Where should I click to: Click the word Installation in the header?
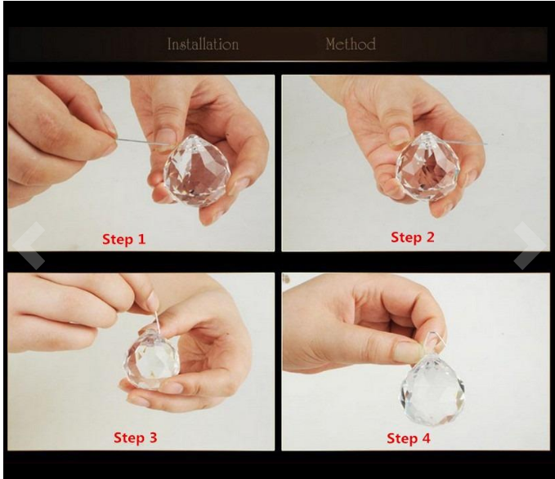(x=203, y=44)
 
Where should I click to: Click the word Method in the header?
(x=351, y=44)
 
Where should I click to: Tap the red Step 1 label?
(x=124, y=239)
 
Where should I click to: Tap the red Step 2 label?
(x=412, y=237)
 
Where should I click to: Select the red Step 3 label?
(x=135, y=437)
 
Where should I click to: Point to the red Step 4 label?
(x=409, y=438)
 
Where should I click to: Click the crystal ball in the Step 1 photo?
(x=197, y=170)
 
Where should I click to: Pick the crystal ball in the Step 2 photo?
(x=427, y=166)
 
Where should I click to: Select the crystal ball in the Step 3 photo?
(x=151, y=358)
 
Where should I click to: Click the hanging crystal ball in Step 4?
(x=432, y=389)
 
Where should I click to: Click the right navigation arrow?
(x=530, y=246)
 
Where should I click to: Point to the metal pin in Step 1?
(x=141, y=142)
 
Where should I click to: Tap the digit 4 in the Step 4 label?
(x=426, y=438)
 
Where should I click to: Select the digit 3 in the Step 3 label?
(x=153, y=437)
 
